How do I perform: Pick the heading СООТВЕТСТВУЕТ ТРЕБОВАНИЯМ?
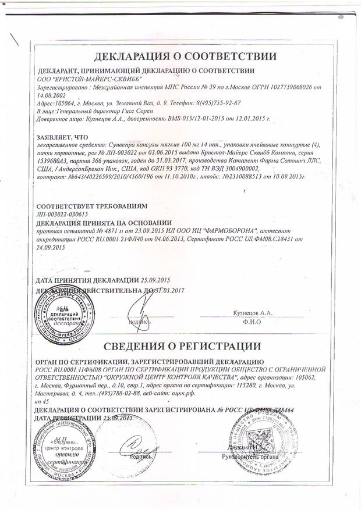(x=92, y=206)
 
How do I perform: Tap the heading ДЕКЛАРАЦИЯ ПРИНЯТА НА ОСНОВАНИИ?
(x=104, y=223)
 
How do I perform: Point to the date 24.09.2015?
(x=51, y=247)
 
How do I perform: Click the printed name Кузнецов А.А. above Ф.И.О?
(x=252, y=313)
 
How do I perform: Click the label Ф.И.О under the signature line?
(x=252, y=321)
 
